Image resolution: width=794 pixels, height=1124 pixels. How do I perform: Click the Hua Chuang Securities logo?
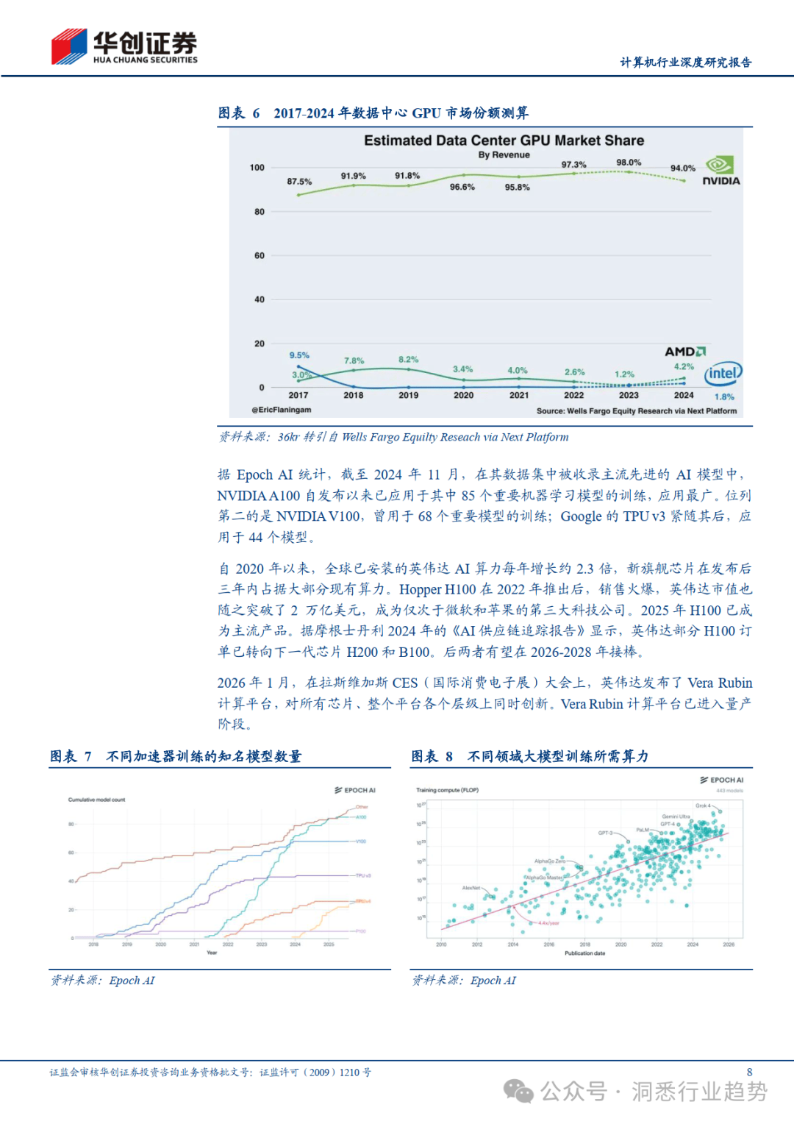pyautogui.click(x=124, y=47)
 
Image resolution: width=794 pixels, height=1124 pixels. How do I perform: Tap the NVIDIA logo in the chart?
pyautogui.click(x=720, y=171)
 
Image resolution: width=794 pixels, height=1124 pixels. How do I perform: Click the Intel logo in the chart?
pyautogui.click(x=723, y=374)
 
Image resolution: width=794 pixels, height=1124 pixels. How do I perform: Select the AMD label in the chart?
pyautogui.click(x=685, y=352)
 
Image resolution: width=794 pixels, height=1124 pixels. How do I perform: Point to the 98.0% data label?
pyautogui.click(x=629, y=163)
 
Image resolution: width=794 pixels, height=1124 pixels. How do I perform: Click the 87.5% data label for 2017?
pyautogui.click(x=299, y=182)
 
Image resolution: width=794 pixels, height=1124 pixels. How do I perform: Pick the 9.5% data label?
pyautogui.click(x=299, y=355)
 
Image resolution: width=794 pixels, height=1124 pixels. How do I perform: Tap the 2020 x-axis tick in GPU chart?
pyautogui.click(x=463, y=395)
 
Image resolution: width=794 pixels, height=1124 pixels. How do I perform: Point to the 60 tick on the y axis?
pyautogui.click(x=260, y=256)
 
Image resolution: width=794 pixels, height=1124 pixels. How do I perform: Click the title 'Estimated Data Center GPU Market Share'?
pyautogui.click(x=504, y=140)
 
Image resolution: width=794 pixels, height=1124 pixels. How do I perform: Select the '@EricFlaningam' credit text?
pyautogui.click(x=282, y=410)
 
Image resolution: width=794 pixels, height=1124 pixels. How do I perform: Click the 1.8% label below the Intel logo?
pyautogui.click(x=724, y=396)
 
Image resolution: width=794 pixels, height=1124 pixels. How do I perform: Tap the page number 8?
pyautogui.click(x=749, y=1073)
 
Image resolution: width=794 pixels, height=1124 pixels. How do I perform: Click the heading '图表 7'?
pyautogui.click(x=71, y=756)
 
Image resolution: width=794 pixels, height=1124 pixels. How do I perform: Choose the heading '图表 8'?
pyautogui.click(x=432, y=756)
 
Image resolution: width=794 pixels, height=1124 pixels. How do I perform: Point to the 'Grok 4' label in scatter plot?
pyautogui.click(x=703, y=805)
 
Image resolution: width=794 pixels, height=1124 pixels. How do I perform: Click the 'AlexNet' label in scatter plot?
pyautogui.click(x=471, y=888)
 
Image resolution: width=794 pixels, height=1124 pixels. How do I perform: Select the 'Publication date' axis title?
pyautogui.click(x=584, y=953)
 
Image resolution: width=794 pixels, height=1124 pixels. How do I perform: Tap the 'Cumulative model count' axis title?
pyautogui.click(x=97, y=800)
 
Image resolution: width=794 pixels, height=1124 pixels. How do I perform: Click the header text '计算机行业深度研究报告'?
pyautogui.click(x=685, y=63)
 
